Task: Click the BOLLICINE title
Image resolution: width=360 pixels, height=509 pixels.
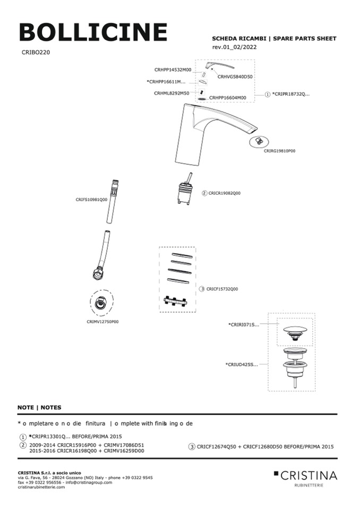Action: [x=93, y=32]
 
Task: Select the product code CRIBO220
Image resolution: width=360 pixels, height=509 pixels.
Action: [x=36, y=53]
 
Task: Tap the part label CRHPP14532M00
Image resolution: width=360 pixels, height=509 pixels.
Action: [x=173, y=70]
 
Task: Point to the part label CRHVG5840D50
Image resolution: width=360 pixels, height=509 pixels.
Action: [x=235, y=76]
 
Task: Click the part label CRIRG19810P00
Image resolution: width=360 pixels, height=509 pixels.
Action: [x=279, y=151]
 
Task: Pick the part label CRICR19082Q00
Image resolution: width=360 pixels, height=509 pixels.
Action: [x=224, y=193]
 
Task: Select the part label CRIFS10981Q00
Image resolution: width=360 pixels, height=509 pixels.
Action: [x=91, y=200]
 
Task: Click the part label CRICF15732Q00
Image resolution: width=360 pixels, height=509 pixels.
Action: [x=222, y=289]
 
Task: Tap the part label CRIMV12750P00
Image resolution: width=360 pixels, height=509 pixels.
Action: [x=102, y=322]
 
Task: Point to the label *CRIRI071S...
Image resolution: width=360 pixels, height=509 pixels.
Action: [x=243, y=324]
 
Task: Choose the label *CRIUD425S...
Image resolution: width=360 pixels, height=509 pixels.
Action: [x=242, y=365]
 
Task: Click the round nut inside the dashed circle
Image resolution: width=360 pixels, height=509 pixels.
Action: [x=100, y=304]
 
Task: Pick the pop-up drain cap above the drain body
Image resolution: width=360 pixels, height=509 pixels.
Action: [x=296, y=331]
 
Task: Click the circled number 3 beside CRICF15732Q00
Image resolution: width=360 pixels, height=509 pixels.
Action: [x=202, y=289]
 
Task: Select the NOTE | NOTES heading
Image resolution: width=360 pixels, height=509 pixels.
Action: [x=39, y=408]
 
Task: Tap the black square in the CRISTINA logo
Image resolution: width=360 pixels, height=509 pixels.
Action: [x=276, y=472]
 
